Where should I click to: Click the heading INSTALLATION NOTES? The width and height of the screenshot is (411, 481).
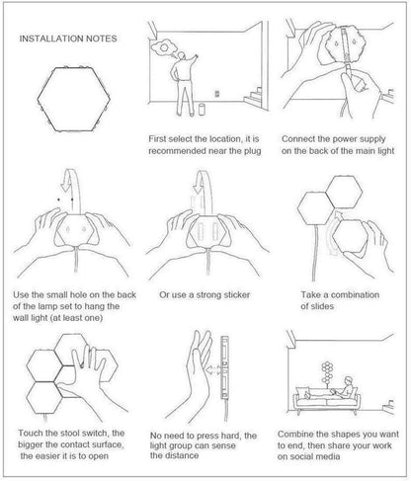point(68,39)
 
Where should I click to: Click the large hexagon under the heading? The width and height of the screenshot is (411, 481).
point(73,100)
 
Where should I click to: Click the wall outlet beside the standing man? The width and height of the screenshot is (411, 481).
point(217,94)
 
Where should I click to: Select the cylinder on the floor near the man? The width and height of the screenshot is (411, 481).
point(202,109)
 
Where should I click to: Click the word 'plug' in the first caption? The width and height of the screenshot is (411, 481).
point(252,151)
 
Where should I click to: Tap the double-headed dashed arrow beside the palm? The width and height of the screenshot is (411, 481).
point(213,369)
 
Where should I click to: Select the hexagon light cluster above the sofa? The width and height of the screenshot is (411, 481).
point(327,372)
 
